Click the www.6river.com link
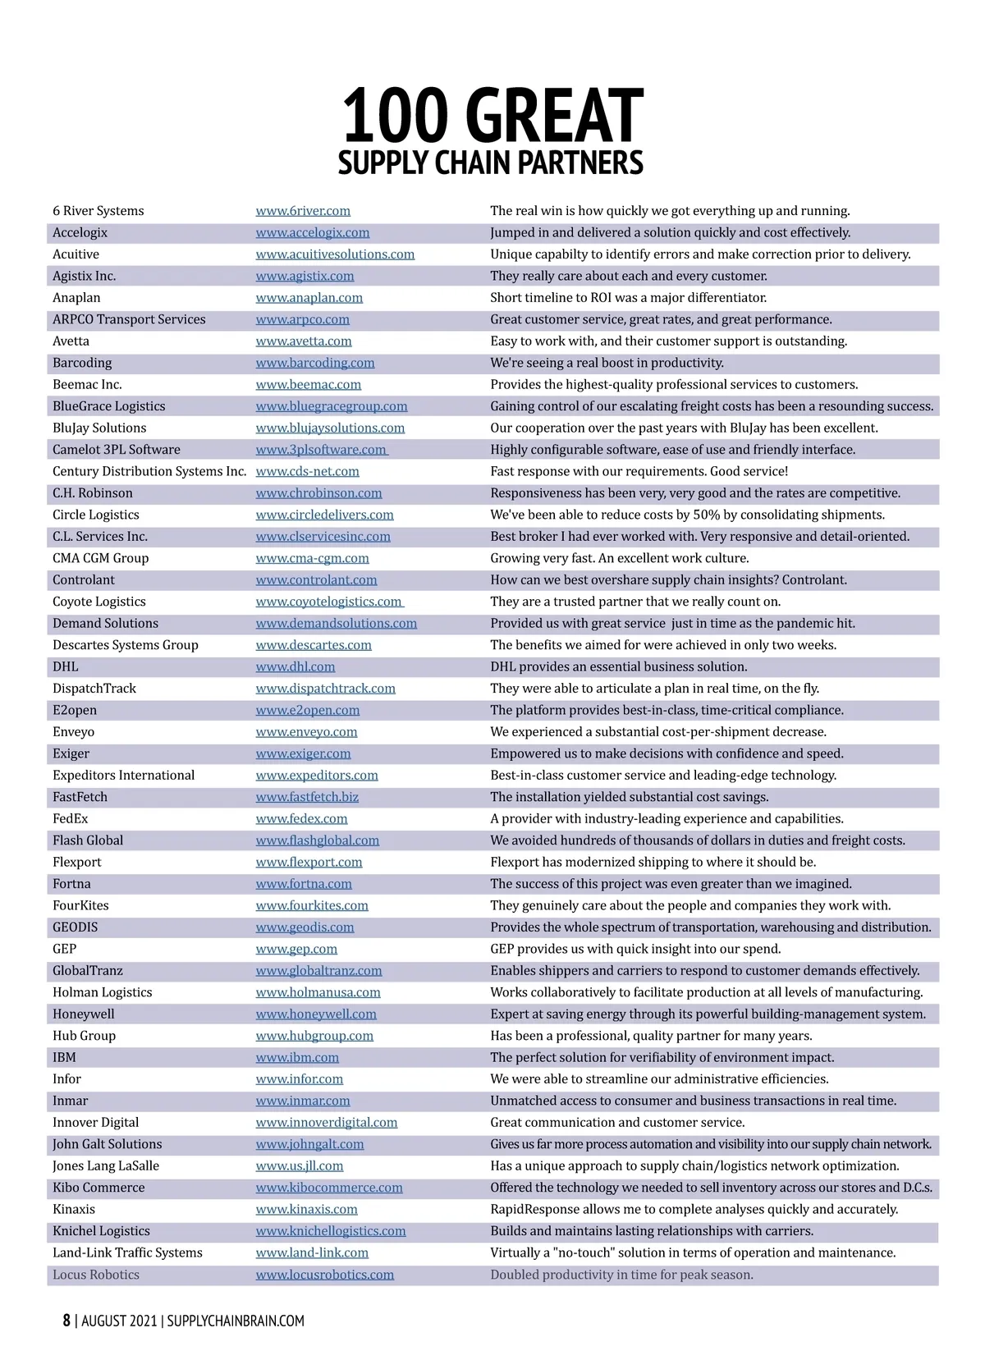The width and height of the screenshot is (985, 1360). click(x=303, y=211)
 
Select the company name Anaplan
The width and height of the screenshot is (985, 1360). click(x=76, y=298)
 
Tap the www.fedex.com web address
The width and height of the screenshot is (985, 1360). click(x=301, y=819)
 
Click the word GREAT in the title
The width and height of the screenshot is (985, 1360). click(x=558, y=117)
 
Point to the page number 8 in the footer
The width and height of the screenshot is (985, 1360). click(x=66, y=1321)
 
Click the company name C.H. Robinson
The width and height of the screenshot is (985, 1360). click(x=92, y=493)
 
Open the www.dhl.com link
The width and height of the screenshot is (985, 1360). click(x=295, y=667)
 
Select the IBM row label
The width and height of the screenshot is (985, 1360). click(x=64, y=1058)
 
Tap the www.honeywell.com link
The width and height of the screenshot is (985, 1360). click(x=316, y=1014)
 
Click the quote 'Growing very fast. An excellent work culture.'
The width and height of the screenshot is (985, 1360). click(x=620, y=558)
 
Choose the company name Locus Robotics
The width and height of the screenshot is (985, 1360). click(x=96, y=1275)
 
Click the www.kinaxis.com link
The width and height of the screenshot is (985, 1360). click(x=306, y=1210)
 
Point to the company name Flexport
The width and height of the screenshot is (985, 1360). click(x=77, y=863)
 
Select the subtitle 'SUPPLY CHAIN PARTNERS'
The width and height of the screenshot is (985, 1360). click(x=491, y=163)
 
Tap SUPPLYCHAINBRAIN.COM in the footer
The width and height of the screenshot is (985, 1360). click(x=236, y=1321)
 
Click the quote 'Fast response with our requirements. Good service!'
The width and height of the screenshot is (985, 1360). click(x=639, y=472)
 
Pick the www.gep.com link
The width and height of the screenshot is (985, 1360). click(x=296, y=950)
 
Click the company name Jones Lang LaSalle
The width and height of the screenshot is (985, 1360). click(x=106, y=1166)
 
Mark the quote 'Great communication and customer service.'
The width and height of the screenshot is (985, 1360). click(x=617, y=1123)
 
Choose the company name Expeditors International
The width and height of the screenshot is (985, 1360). click(x=124, y=776)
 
